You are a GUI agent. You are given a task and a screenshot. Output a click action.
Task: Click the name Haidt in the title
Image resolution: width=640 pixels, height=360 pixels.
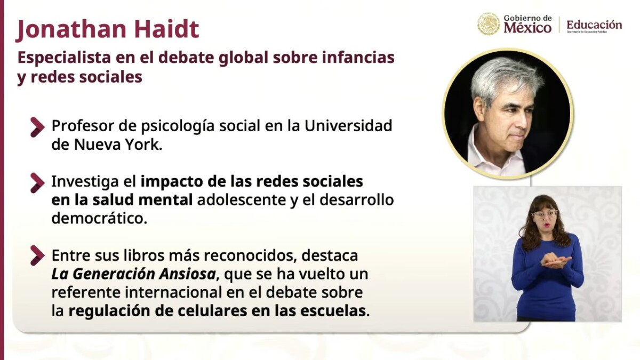167,29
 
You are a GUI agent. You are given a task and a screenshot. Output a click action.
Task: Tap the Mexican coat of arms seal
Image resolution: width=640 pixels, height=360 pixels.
489,24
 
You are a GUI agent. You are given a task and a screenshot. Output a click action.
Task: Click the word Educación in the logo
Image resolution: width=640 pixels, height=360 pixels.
594,25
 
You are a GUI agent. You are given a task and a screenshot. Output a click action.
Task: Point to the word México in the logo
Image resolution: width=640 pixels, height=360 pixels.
527,28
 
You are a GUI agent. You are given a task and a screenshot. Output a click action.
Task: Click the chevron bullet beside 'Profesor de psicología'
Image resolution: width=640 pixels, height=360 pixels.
37,127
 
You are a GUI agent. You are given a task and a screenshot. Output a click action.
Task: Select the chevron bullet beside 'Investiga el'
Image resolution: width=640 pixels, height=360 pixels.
37,183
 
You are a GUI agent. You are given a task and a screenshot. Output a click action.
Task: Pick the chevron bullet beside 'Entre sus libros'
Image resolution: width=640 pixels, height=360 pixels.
37,255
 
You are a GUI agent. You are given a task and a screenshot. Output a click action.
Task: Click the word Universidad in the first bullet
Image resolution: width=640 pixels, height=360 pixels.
348,126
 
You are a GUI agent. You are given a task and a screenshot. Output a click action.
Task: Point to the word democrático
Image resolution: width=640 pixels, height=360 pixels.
99,219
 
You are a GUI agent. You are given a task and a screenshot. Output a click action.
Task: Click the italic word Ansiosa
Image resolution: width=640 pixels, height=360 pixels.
187,274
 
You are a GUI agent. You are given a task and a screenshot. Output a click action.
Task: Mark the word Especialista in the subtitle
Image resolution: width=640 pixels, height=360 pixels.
64,58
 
